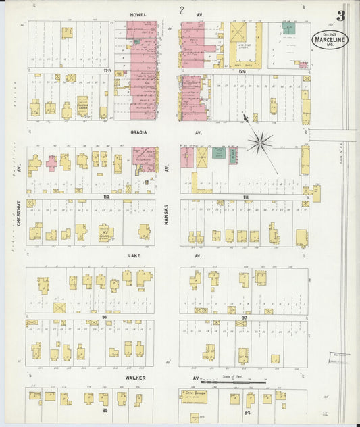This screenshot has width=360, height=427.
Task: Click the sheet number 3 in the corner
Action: click(x=341, y=16)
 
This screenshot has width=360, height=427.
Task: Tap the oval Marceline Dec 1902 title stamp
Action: click(x=330, y=39)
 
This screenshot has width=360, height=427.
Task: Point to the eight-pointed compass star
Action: click(x=259, y=142)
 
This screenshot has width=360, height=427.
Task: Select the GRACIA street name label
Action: click(x=140, y=132)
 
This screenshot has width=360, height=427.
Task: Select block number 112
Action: click(x=105, y=197)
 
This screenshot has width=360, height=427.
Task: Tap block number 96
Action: click(x=104, y=316)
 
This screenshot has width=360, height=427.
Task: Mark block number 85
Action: click(x=104, y=410)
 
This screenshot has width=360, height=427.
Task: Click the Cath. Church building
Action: click(x=194, y=396)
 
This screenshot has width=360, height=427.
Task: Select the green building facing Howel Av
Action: click(x=289, y=28)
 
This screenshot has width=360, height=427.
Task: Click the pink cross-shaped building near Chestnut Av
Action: click(x=51, y=163)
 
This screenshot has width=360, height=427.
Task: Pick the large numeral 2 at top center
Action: click(x=181, y=10)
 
